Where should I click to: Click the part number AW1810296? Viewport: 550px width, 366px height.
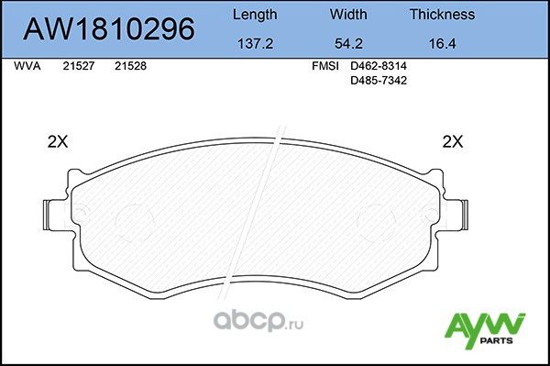(x=108, y=30)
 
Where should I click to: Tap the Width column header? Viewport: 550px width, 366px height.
(x=347, y=15)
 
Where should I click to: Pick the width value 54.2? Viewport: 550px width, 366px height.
(x=347, y=42)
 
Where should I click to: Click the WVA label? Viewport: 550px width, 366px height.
(x=27, y=67)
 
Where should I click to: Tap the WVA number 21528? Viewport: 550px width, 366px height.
(x=130, y=67)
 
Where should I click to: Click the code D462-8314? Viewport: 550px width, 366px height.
(x=379, y=67)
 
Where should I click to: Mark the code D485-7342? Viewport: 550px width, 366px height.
(x=379, y=81)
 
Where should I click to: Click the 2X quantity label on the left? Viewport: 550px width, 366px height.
(x=58, y=142)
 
